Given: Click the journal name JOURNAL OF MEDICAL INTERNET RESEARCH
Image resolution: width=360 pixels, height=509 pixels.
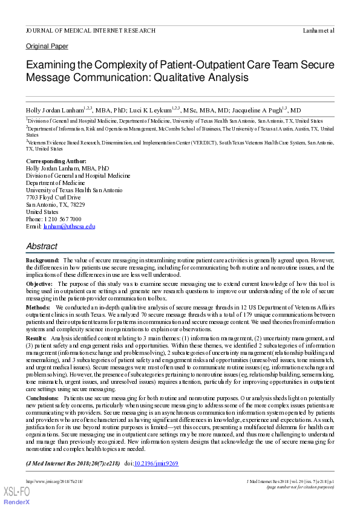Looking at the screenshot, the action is click(x=90, y=30).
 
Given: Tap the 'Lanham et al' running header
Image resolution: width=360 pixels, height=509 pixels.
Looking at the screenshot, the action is click(x=318, y=30).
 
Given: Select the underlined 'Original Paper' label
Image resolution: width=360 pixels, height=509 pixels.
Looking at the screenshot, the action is click(x=47, y=47).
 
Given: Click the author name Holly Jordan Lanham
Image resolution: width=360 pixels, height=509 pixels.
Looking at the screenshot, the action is click(x=54, y=111).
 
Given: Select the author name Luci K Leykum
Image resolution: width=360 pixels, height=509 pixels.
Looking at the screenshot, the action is click(x=150, y=111).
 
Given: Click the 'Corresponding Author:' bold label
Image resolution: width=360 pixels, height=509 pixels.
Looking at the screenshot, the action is click(x=56, y=161).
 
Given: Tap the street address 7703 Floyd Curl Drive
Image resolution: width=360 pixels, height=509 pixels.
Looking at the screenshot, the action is click(x=53, y=198).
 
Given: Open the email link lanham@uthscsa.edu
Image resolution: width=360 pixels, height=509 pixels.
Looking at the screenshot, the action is click(x=69, y=227).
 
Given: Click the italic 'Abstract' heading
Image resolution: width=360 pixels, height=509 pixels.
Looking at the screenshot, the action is click(x=42, y=247).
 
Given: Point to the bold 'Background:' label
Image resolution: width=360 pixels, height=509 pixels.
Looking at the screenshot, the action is click(x=42, y=260).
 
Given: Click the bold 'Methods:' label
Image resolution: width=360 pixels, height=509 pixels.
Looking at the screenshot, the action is click(x=38, y=308).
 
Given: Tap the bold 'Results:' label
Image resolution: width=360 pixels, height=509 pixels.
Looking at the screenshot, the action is click(x=36, y=339).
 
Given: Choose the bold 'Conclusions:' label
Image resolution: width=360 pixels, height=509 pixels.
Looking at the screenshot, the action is click(x=43, y=398).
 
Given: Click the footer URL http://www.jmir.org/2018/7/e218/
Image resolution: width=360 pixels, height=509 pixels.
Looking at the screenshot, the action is click(x=54, y=481).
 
